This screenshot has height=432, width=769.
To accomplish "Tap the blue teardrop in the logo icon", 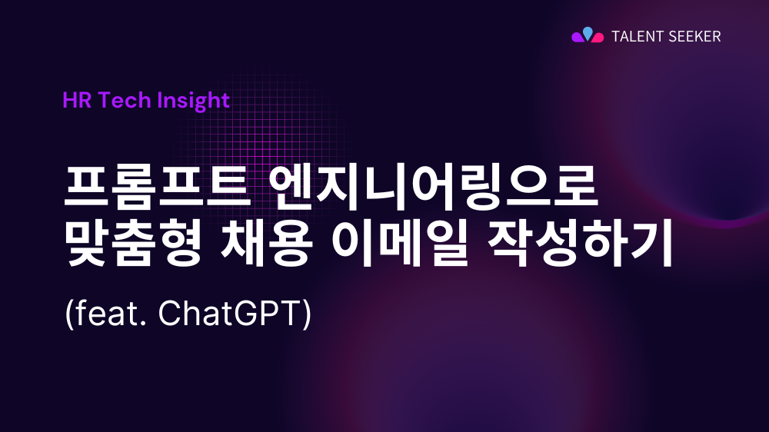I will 588,32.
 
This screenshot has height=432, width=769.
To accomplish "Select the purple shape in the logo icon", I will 578,37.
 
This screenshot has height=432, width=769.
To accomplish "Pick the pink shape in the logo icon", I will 598,38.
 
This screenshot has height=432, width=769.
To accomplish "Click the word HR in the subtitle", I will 75,100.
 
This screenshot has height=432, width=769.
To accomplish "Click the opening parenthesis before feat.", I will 68,316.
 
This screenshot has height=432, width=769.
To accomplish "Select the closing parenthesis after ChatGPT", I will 308,316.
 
